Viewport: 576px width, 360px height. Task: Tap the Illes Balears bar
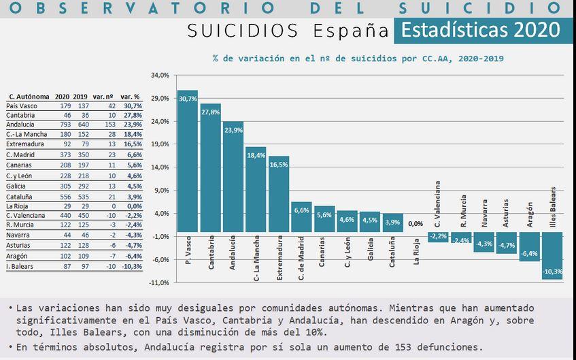click(553, 255)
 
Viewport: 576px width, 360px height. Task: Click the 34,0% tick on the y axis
click(159, 76)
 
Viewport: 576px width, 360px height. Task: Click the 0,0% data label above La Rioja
click(416, 223)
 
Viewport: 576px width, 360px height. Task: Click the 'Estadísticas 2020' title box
click(480, 31)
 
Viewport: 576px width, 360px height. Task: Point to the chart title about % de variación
click(358, 59)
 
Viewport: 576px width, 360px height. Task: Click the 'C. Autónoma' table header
click(27, 97)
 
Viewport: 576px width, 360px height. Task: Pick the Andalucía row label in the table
click(22, 125)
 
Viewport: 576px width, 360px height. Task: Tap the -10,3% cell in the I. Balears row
click(131, 266)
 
